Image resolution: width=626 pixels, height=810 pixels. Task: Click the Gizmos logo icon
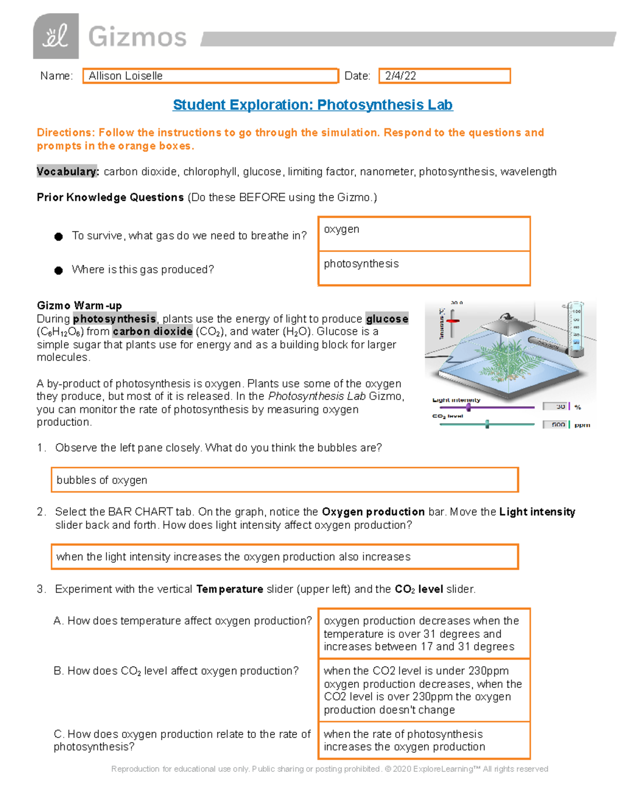pos(56,37)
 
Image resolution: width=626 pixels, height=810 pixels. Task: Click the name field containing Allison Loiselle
pos(210,76)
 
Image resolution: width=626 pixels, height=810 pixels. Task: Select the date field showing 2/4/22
pos(444,76)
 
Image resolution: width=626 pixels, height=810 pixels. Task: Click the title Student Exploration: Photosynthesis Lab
pos(312,105)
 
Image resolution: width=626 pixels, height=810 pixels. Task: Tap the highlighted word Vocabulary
pos(67,172)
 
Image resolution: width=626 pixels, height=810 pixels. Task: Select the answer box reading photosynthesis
pos(424,268)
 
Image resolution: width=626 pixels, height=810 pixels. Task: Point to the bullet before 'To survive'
pos(58,237)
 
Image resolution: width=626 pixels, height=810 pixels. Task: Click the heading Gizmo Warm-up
pos(79,306)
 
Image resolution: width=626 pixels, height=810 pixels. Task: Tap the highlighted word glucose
pos(387,319)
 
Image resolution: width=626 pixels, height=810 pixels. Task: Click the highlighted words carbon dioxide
pos(152,332)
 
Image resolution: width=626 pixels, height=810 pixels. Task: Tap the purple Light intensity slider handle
pos(468,407)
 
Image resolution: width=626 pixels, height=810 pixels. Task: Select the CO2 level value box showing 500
pos(557,425)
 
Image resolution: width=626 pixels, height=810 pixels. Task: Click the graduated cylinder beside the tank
pos(575,329)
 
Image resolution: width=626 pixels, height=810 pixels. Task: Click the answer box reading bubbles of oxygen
pos(284,480)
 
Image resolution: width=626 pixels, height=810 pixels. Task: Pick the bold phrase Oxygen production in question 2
pos(373,512)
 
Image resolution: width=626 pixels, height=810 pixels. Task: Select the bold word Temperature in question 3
pos(230,589)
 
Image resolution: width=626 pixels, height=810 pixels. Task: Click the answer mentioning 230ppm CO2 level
pos(424,690)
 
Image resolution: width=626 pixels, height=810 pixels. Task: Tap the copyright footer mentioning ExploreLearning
pos(330,769)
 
